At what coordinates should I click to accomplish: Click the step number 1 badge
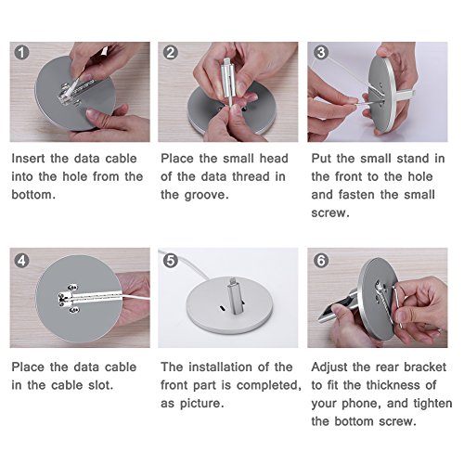(x=21, y=53)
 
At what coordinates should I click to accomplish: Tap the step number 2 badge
(x=171, y=53)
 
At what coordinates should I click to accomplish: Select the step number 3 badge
(x=321, y=52)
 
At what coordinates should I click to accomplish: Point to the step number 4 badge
(x=21, y=261)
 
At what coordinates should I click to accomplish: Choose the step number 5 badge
(x=171, y=261)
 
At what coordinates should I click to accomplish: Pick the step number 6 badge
(x=321, y=261)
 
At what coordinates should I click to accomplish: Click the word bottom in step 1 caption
(x=33, y=195)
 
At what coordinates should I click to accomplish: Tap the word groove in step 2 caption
(x=206, y=195)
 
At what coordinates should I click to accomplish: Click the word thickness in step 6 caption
(x=393, y=385)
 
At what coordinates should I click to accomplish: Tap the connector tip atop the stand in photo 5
(x=233, y=282)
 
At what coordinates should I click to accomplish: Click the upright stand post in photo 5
(x=236, y=299)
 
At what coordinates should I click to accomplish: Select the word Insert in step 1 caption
(x=29, y=159)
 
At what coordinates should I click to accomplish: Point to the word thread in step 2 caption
(x=251, y=176)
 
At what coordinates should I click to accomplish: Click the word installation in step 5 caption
(x=220, y=367)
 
